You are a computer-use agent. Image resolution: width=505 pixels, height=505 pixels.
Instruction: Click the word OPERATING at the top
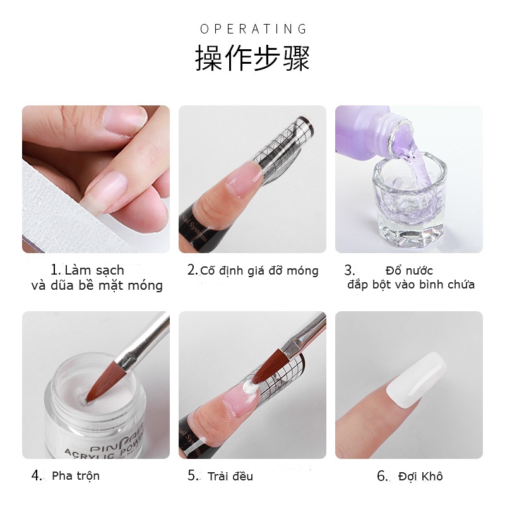click(253, 29)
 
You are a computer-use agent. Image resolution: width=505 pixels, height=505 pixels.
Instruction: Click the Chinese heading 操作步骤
click(252, 58)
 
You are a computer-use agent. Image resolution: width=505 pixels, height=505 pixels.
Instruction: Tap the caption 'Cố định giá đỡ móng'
click(259, 271)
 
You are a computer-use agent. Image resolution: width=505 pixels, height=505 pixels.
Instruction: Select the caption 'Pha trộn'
click(76, 475)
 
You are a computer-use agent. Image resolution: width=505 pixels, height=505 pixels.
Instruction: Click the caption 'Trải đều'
click(230, 476)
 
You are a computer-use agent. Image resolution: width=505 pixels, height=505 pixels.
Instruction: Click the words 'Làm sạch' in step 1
click(95, 271)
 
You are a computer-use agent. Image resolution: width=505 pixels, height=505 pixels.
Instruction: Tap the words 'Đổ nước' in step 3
click(409, 271)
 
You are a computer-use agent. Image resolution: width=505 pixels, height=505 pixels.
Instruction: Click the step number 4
click(37, 475)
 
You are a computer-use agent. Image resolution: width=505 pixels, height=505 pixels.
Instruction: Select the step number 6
click(383, 476)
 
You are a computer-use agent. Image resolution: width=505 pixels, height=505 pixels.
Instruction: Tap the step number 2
click(193, 270)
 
